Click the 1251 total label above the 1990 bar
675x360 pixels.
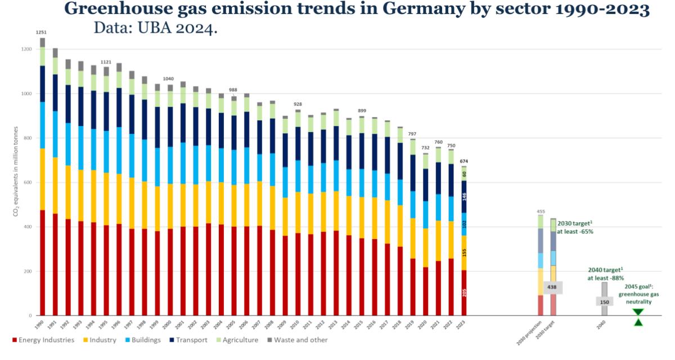coord(41,33)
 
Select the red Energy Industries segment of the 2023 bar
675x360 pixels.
coord(464,292)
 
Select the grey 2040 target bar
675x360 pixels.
coord(605,298)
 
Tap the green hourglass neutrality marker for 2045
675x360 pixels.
coord(637,317)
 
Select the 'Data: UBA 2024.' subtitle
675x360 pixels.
coord(155,28)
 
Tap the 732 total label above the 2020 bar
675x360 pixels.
coord(425,147)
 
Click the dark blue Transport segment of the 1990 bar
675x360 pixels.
coord(43,84)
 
